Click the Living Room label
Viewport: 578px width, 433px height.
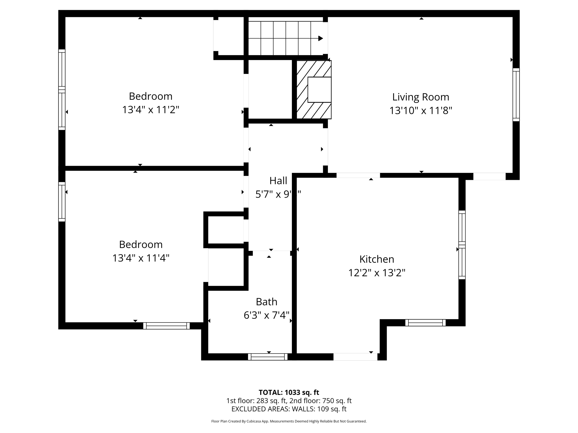click(421, 97)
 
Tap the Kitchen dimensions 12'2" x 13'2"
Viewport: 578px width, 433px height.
click(376, 273)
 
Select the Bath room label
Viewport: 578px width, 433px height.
click(266, 302)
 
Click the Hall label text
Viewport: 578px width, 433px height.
click(278, 181)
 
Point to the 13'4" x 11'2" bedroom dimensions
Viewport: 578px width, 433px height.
click(150, 110)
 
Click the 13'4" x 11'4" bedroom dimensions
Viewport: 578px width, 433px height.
click(141, 258)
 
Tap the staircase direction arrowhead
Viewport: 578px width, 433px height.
click(320, 38)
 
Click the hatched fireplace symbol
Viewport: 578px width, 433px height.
click(313, 90)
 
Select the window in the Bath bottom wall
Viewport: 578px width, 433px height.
click(268, 357)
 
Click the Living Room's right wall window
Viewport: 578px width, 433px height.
click(516, 95)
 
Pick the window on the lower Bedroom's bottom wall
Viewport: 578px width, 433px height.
click(166, 326)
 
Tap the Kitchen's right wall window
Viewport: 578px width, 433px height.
click(462, 245)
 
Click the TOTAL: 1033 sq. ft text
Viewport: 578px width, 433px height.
click(289, 392)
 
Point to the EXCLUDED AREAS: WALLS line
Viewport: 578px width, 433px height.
click(289, 409)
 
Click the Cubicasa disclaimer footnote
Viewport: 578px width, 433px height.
click(289, 421)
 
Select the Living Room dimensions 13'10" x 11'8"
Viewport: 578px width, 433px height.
click(421, 111)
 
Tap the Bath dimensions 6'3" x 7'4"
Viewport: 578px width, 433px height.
click(266, 315)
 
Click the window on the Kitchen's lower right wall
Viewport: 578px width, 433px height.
click(425, 323)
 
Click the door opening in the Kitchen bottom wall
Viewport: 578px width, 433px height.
click(355, 357)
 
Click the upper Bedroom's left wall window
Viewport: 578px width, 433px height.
click(62, 90)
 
